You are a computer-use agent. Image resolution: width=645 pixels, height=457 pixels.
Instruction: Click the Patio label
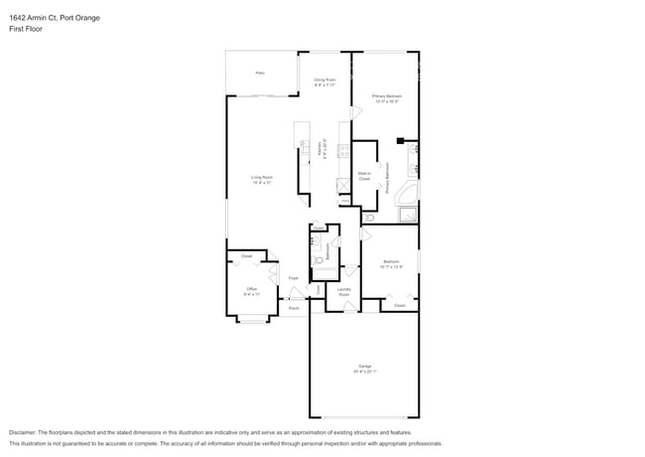(260, 73)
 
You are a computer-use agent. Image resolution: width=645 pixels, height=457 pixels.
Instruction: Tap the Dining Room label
(324, 80)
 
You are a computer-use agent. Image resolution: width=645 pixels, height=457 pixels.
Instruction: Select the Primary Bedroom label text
(385, 98)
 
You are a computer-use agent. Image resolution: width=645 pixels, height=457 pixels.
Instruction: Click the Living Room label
(261, 180)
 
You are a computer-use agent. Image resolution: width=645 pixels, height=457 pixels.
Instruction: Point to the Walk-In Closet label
(364, 177)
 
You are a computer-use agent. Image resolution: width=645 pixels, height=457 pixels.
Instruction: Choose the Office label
(251, 291)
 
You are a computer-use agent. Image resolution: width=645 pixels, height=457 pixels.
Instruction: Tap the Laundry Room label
(343, 293)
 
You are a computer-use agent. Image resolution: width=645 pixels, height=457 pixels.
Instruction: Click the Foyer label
(294, 279)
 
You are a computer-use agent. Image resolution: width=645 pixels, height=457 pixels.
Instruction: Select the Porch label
(294, 308)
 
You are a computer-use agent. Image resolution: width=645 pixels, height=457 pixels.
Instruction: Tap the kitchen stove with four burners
(342, 152)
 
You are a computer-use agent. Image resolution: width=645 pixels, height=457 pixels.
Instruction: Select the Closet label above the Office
(246, 255)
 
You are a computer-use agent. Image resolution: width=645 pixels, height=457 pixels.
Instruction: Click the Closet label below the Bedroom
(399, 306)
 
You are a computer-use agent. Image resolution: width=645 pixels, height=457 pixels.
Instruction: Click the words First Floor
(26, 29)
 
